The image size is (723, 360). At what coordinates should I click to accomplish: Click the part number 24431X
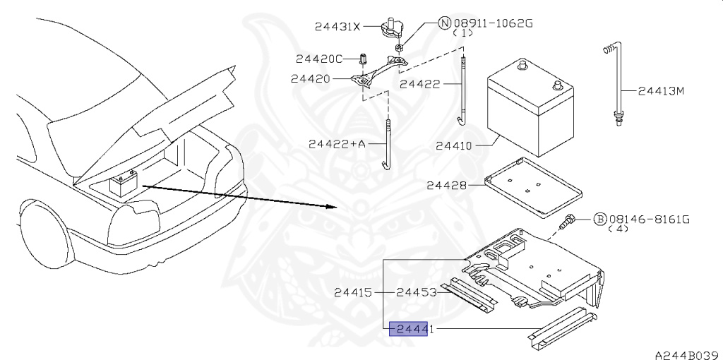point(337,28)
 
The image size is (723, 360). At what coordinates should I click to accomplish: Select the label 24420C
point(318,59)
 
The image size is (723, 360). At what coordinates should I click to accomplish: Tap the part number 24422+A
point(337,144)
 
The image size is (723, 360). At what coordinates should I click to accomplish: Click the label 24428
point(446,186)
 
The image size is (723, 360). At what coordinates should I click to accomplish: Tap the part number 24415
point(353,292)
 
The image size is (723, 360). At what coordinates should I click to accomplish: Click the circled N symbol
point(445,23)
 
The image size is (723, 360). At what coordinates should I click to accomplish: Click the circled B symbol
point(599,220)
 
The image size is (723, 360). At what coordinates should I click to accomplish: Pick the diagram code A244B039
point(684,354)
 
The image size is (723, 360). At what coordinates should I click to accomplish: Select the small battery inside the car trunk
point(125,185)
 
